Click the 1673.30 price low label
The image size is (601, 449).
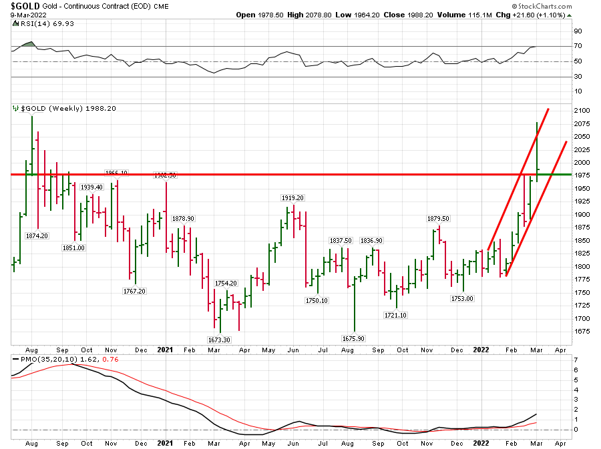[x=218, y=340]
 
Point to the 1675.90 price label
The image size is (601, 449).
[x=355, y=338]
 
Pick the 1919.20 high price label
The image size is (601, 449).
[x=292, y=197]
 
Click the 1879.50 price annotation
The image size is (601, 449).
[x=438, y=218]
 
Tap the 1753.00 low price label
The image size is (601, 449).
[x=461, y=298]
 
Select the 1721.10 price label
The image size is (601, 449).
[x=395, y=315]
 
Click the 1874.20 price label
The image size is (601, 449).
[x=37, y=235]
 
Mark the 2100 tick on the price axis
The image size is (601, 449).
[x=581, y=110]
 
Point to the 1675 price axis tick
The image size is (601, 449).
[x=581, y=332]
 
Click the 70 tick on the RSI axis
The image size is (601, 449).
[x=578, y=46]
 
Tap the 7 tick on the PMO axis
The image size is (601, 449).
[x=575, y=360]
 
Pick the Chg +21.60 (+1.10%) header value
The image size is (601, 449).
[x=536, y=14]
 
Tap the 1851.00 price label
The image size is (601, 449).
[x=73, y=248]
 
